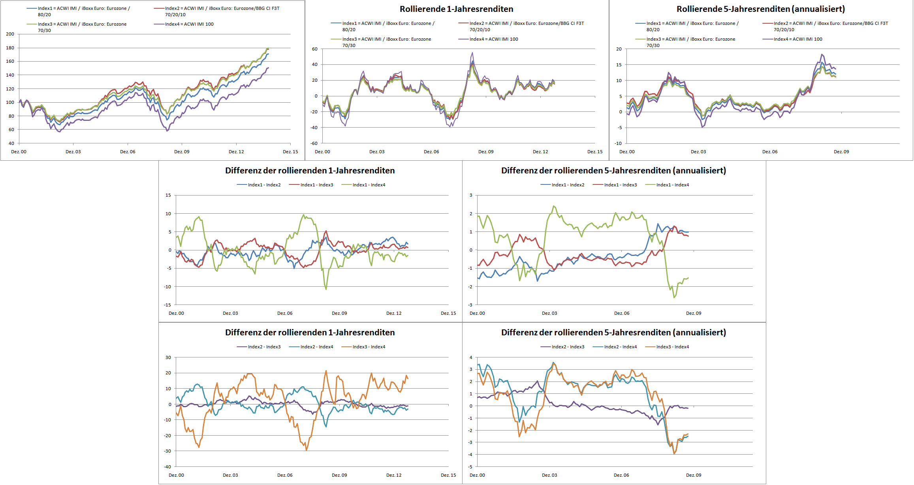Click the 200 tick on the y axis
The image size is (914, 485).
10,34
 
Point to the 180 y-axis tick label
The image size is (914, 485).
10,48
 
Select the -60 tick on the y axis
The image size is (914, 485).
314,143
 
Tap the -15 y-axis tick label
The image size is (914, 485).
168,305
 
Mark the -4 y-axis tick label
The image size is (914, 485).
470,455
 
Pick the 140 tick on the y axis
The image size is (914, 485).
10,75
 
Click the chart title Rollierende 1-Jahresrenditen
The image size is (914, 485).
456,9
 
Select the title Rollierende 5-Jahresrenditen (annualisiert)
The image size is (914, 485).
760,9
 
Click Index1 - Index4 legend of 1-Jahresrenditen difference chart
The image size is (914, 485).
369,185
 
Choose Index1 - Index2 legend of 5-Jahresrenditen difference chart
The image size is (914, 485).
568,185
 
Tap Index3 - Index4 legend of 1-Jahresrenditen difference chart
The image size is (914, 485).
369,347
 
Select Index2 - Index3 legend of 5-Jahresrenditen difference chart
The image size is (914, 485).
568,347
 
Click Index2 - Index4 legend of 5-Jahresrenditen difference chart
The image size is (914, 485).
620,347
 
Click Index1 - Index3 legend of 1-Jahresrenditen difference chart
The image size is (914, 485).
316,185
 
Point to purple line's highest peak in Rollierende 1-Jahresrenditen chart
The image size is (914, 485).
472,53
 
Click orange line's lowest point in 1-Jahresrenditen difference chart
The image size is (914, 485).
306,450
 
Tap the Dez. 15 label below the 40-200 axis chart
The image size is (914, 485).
290,152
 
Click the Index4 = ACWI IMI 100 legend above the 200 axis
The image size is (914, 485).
189,24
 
